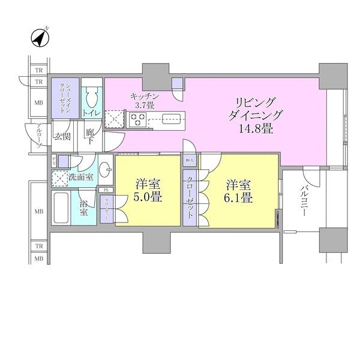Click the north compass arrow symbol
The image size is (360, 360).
39,38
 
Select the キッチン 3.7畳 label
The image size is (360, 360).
144,100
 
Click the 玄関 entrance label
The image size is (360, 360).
62,136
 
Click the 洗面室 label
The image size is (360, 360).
80,178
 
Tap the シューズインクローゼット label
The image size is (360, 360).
64,97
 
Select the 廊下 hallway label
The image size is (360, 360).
90,136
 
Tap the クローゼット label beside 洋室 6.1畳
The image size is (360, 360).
190,198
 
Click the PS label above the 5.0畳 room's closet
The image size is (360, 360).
107,190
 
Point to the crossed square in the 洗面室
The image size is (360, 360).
59,178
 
